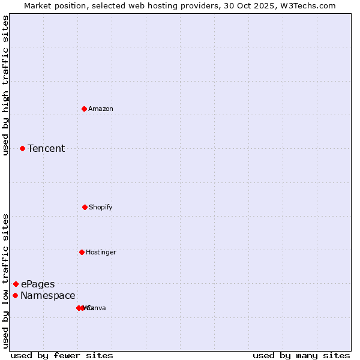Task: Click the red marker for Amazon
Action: click(x=85, y=109)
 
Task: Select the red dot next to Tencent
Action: click(x=22, y=148)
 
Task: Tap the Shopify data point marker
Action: click(x=85, y=207)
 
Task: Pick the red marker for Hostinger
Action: click(x=82, y=252)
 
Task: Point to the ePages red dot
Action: click(x=16, y=284)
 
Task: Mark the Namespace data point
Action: click(x=15, y=295)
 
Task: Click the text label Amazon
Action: click(x=101, y=109)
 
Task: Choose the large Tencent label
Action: click(x=46, y=148)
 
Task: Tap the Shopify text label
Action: click(x=101, y=207)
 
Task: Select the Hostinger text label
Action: click(x=101, y=252)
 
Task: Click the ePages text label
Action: click(x=38, y=284)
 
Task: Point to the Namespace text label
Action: click(x=48, y=295)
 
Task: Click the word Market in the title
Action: click(x=38, y=5)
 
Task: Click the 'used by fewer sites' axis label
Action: click(x=62, y=355)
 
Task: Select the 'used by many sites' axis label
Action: click(x=301, y=355)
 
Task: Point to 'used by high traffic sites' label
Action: click(x=5, y=85)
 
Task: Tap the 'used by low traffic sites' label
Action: click(x=5, y=281)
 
